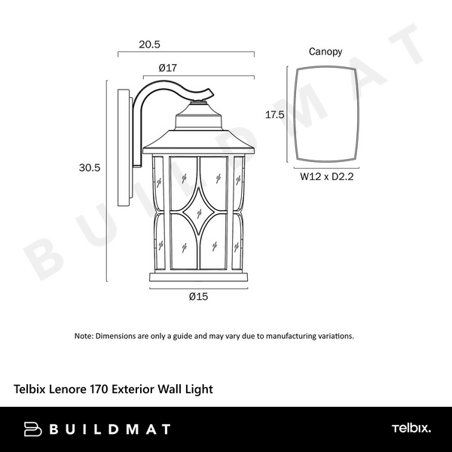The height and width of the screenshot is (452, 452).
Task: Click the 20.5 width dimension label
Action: coord(149,44)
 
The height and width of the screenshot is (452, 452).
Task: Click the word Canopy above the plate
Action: coord(325,52)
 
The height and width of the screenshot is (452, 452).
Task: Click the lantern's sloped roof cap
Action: coord(199,139)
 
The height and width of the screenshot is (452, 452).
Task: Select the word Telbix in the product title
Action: coord(32,389)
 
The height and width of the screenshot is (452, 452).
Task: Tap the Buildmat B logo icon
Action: coord(32,429)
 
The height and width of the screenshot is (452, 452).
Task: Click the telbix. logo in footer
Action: coord(411,429)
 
